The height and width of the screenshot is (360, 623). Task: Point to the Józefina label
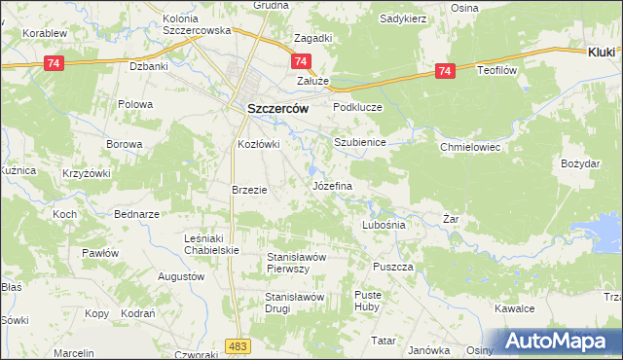click(332, 184)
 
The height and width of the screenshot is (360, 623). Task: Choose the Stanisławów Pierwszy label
click(302, 262)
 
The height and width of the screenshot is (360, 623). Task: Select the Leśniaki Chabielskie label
click(211, 243)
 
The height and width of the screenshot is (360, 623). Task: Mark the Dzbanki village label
click(150, 67)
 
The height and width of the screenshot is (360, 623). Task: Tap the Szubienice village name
click(361, 142)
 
